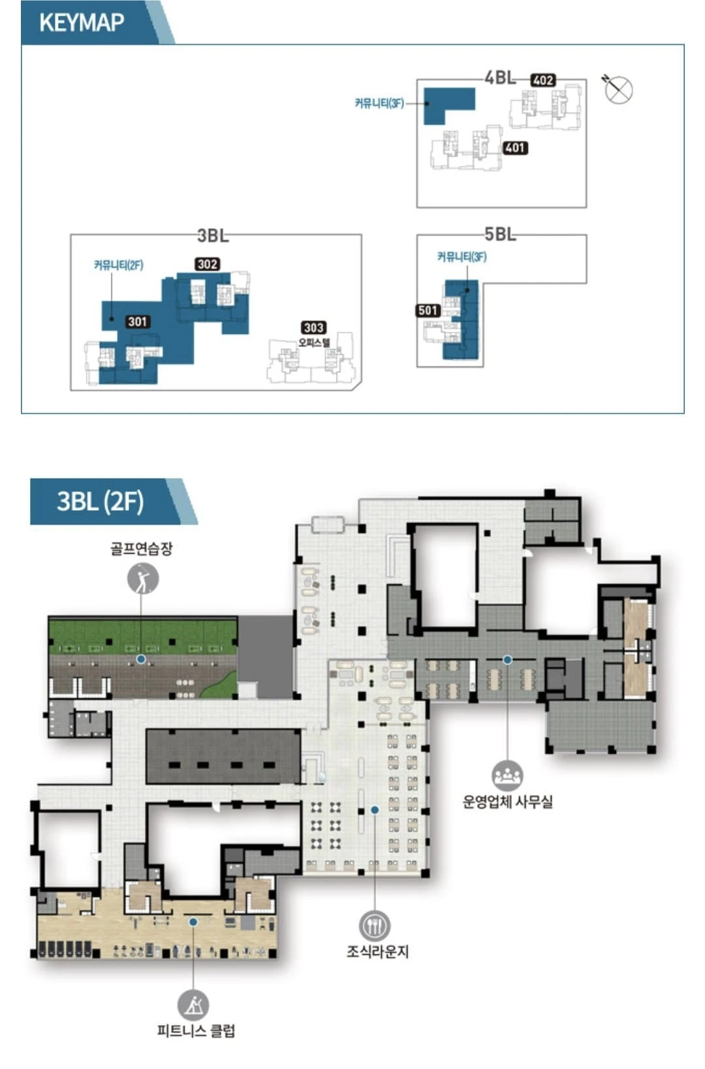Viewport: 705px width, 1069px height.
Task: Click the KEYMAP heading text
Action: click(x=82, y=22)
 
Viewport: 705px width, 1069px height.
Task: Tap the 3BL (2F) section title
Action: click(x=101, y=502)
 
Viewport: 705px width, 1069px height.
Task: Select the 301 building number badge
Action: click(x=138, y=322)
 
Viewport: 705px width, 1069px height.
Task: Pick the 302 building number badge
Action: click(x=208, y=264)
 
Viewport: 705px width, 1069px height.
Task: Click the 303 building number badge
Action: click(x=314, y=328)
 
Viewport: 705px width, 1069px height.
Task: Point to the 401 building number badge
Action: click(x=515, y=148)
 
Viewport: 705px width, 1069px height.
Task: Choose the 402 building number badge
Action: click(x=543, y=80)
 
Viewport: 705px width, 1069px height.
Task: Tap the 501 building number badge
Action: click(x=428, y=310)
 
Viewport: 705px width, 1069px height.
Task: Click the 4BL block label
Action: click(x=500, y=78)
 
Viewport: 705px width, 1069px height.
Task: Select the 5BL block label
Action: click(x=500, y=234)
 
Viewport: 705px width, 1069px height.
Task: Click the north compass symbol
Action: click(x=618, y=89)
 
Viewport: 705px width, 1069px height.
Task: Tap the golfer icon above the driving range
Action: click(x=143, y=579)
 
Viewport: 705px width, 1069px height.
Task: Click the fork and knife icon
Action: click(x=375, y=926)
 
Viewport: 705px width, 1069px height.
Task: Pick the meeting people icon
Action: click(x=507, y=776)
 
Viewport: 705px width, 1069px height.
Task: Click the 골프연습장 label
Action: click(x=142, y=549)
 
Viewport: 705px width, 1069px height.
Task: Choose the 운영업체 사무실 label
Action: click(x=507, y=802)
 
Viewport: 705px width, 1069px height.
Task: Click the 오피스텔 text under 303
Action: click(x=314, y=342)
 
